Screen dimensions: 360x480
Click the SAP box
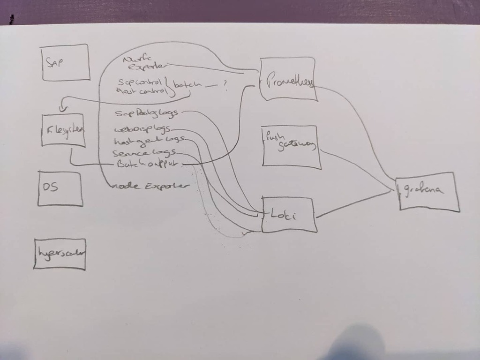click(65, 62)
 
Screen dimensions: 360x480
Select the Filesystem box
click(63, 130)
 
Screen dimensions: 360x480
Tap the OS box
click(60, 188)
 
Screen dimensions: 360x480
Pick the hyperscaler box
click(60, 254)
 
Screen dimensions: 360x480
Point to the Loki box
click(289, 215)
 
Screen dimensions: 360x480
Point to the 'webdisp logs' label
click(142, 129)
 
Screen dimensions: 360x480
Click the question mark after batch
click(226, 85)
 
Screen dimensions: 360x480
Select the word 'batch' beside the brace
click(187, 85)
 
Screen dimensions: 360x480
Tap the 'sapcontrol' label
click(140, 81)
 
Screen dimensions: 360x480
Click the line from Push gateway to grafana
click(356, 169)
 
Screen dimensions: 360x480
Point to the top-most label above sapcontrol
click(143, 62)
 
